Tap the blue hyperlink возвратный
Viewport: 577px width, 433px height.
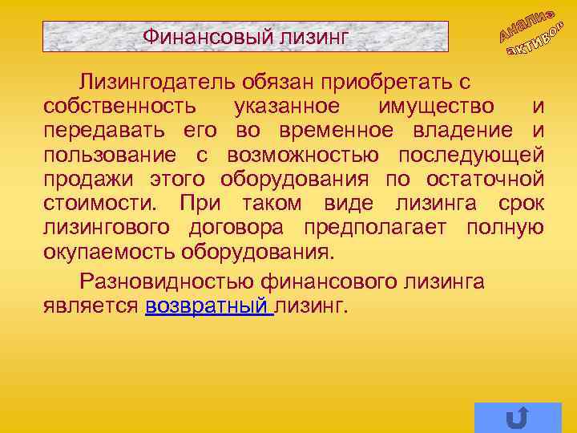click(x=210, y=306)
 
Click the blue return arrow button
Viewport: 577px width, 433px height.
click(x=517, y=417)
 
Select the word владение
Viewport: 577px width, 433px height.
click(x=468, y=130)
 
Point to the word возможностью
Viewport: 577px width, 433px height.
click(x=306, y=154)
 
